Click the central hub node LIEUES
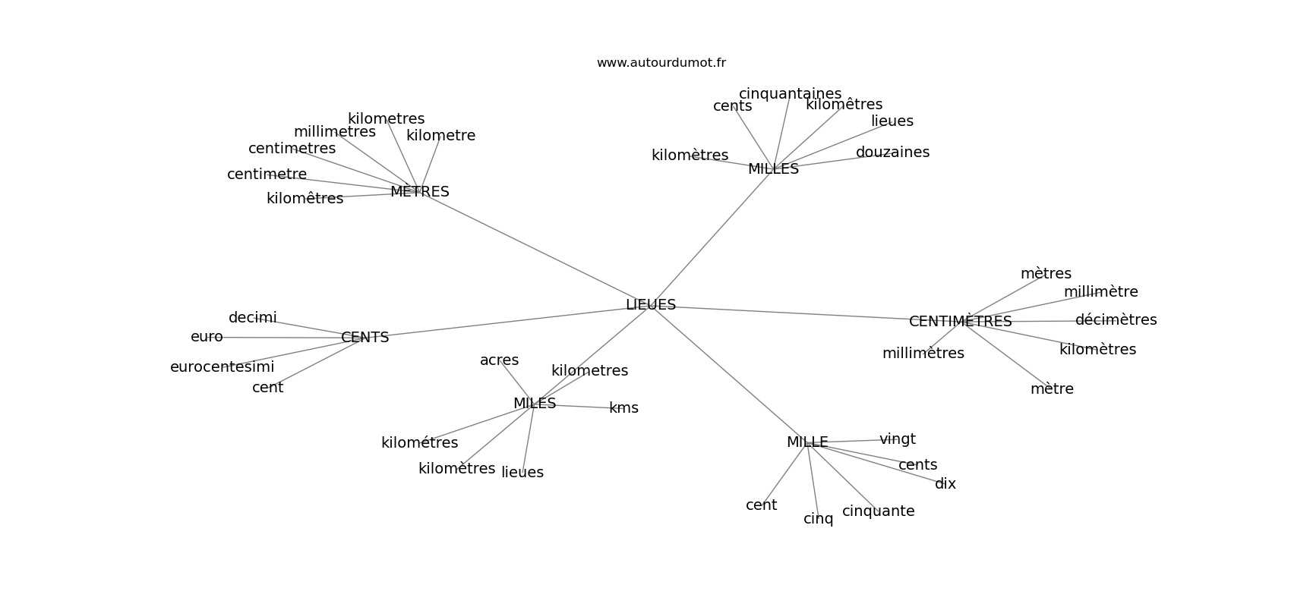[x=651, y=305]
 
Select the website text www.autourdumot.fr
[x=661, y=63]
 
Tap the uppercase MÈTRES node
[x=420, y=192]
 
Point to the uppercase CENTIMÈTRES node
[x=960, y=322]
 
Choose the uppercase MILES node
[x=535, y=404]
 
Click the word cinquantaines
[x=790, y=94]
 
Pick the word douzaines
[x=892, y=153]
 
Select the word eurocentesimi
[x=222, y=367]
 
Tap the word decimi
[x=252, y=318]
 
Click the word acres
[x=499, y=360]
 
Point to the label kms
[x=623, y=408]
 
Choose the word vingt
[x=898, y=439]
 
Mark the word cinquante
[x=878, y=511]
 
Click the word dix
[x=945, y=484]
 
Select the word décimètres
[x=1116, y=320]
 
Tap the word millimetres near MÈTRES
[x=334, y=132]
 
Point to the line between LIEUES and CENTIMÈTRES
[x=790, y=313]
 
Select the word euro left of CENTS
[x=207, y=337]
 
